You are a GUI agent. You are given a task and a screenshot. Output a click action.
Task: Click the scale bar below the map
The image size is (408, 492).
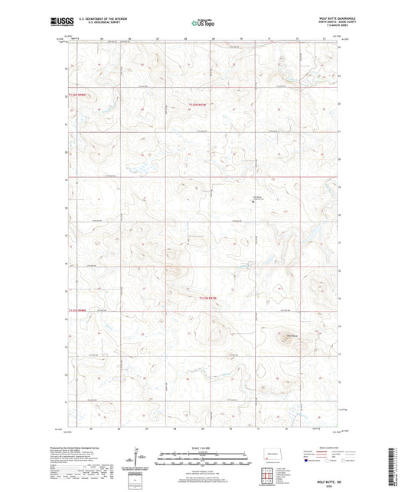[x=204, y=460]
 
